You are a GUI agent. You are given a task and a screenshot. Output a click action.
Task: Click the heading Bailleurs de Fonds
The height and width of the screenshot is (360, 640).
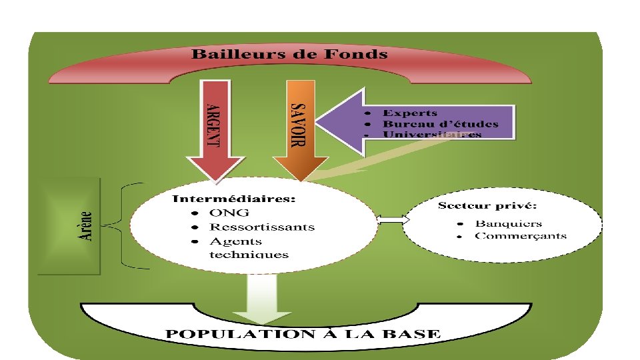coord(289,55)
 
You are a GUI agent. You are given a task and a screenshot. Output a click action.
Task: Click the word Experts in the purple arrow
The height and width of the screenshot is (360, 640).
coord(410,113)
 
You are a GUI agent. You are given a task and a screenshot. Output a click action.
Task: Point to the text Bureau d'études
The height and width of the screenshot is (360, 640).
coord(440,124)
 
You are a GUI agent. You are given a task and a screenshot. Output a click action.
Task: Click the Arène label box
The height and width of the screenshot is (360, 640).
coord(69,226)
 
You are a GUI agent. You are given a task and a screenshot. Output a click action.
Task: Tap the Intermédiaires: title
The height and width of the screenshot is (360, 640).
coord(234,199)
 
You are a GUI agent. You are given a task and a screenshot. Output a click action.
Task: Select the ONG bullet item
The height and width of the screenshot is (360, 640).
coord(229,213)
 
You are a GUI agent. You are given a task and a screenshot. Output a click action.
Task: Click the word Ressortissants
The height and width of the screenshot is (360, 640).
coord(261,227)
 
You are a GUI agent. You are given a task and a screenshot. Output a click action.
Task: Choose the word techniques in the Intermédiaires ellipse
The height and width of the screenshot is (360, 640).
coord(249,255)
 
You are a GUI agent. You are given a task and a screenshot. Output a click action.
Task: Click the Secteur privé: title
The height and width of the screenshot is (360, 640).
coord(487,205)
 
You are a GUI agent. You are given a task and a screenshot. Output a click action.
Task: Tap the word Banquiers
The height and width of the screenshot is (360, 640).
coord(509,223)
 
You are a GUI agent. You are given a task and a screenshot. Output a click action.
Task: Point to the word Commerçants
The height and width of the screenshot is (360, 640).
coord(521,235)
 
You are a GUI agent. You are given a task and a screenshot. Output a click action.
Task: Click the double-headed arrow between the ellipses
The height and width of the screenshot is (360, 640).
coord(393,219)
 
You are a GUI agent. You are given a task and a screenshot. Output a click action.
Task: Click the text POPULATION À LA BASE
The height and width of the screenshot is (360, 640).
coord(303,334)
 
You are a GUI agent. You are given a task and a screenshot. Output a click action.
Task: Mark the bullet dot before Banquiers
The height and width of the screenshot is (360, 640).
coord(460,224)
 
